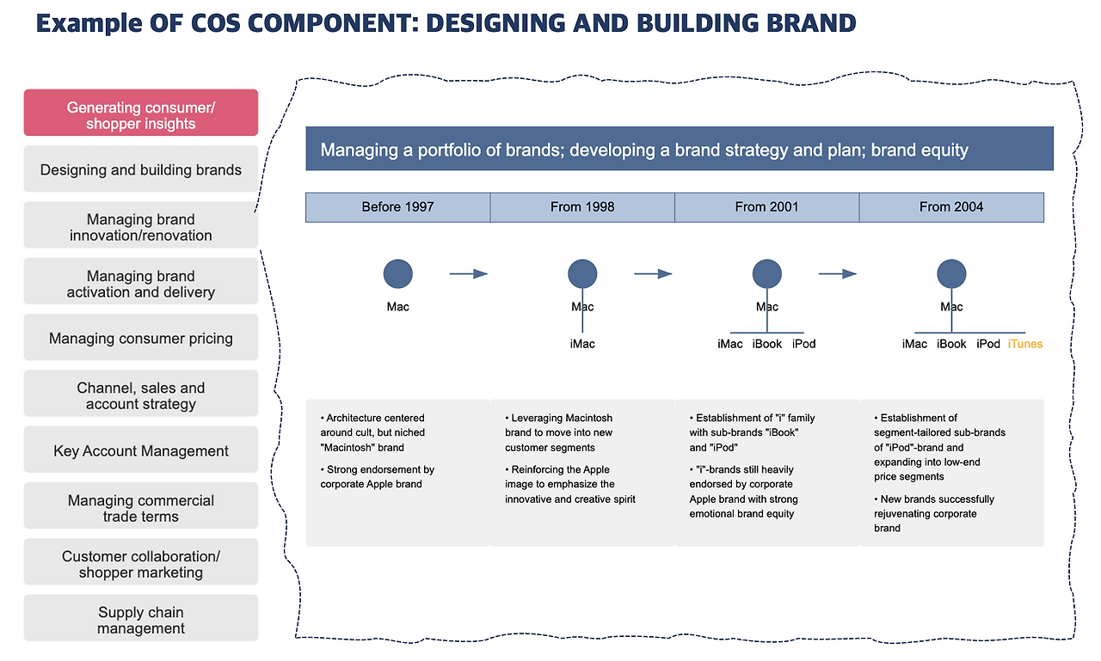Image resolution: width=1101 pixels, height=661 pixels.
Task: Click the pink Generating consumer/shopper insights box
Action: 140,113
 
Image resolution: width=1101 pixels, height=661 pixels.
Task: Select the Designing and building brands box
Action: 140,169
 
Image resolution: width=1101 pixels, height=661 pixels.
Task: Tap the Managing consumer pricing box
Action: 140,338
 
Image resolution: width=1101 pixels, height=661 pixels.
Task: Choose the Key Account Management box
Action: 140,450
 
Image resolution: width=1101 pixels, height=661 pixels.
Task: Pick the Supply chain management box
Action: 140,619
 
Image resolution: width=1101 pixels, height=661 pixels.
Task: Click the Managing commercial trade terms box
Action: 140,507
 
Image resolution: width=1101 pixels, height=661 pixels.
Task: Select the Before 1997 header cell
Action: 397,207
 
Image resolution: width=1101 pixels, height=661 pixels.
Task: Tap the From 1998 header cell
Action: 582,207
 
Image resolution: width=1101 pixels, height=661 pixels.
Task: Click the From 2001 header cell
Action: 766,207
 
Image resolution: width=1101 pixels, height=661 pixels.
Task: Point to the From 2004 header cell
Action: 951,207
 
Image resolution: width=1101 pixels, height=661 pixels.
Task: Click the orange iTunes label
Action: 1024,344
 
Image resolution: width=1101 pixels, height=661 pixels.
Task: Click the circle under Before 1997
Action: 397,274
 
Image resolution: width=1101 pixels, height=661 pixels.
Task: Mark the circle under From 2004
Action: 951,274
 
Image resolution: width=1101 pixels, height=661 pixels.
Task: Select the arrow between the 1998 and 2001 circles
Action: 653,274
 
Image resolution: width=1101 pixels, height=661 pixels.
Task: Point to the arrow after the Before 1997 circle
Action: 468,274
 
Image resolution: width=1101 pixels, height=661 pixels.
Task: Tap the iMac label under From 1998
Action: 582,344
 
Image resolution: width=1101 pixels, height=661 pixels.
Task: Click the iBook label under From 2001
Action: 767,344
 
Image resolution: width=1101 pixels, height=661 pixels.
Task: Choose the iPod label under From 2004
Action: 988,344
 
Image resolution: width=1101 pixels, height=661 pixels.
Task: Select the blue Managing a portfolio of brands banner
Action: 679,150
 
